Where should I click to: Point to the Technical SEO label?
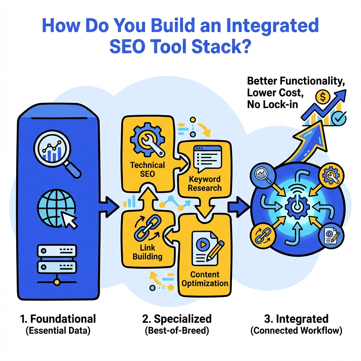click(x=147, y=169)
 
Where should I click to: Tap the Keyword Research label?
click(x=204, y=184)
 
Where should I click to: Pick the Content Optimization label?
click(x=204, y=279)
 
